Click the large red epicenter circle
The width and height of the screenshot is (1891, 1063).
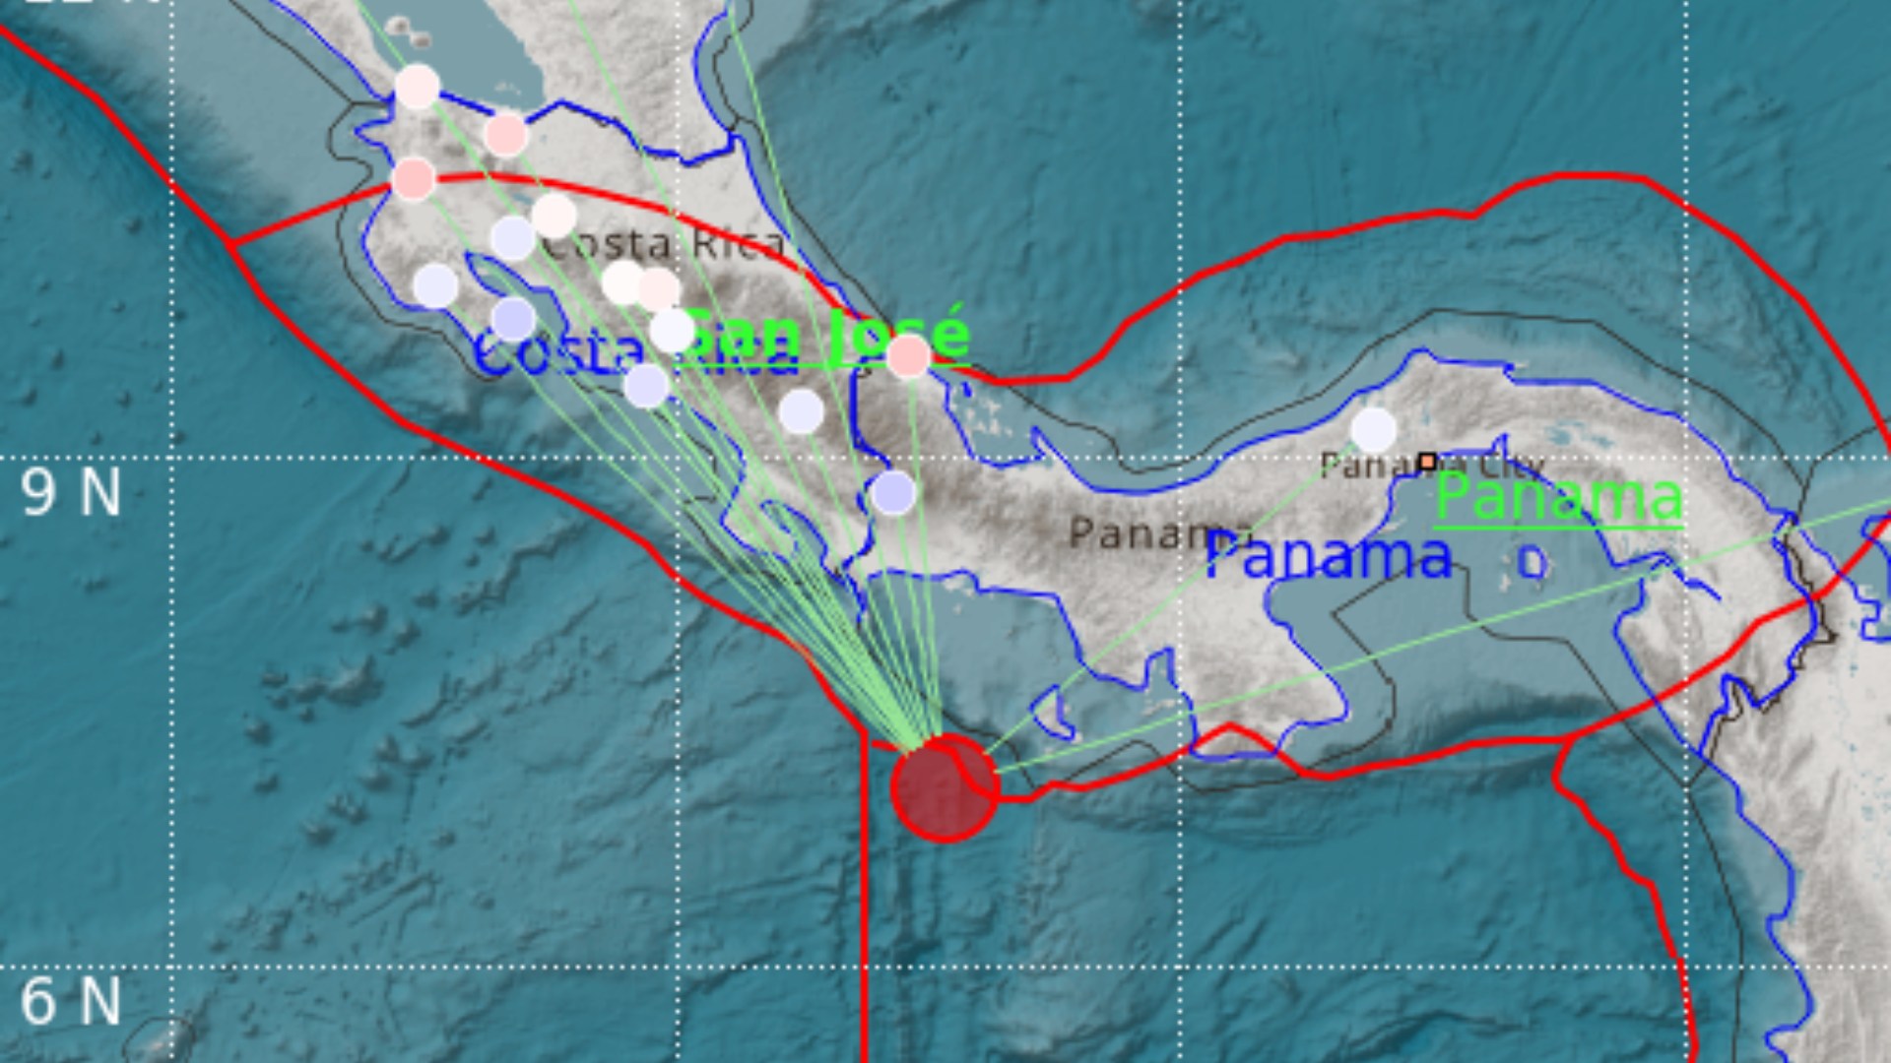945,787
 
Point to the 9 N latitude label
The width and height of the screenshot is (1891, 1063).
71,492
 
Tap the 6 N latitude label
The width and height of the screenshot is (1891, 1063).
71,1001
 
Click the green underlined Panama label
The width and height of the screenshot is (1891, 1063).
1558,498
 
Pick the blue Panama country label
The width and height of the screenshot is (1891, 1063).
1329,557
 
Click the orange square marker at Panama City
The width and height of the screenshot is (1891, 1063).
1427,461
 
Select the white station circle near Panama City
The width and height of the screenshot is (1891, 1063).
1373,430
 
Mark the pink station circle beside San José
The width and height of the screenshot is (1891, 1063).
908,355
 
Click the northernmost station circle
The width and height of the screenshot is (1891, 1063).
417,87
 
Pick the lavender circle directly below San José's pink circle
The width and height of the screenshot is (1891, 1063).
893,492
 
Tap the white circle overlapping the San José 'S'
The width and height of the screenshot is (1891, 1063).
673,330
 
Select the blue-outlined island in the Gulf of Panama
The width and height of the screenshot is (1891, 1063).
1532,563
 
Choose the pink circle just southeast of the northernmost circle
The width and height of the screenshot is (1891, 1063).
506,134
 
